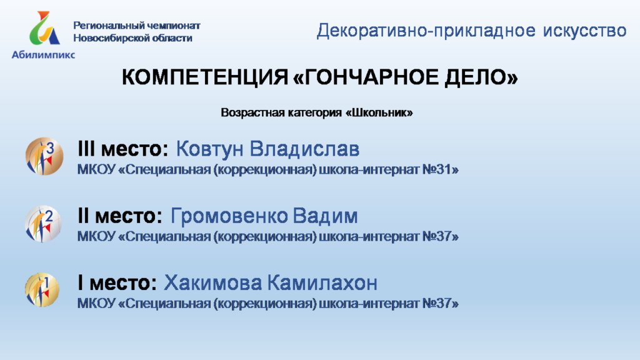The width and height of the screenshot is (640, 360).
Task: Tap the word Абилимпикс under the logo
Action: point(43,55)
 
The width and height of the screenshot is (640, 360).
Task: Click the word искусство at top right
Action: point(584,31)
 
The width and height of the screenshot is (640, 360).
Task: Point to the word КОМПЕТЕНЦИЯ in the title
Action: point(205,77)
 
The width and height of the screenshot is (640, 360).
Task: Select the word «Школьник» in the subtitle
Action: point(379,112)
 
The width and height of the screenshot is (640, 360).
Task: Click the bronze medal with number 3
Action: point(44,156)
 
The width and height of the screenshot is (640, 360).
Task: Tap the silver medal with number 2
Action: point(43,224)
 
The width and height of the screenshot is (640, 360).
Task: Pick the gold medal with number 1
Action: point(42,290)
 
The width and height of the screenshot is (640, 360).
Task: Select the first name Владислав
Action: point(304,149)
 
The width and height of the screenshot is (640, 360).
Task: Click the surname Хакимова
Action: point(212,283)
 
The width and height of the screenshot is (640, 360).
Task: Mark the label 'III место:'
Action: point(123,149)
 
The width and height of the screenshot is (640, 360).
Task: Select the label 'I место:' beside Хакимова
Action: point(117,283)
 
